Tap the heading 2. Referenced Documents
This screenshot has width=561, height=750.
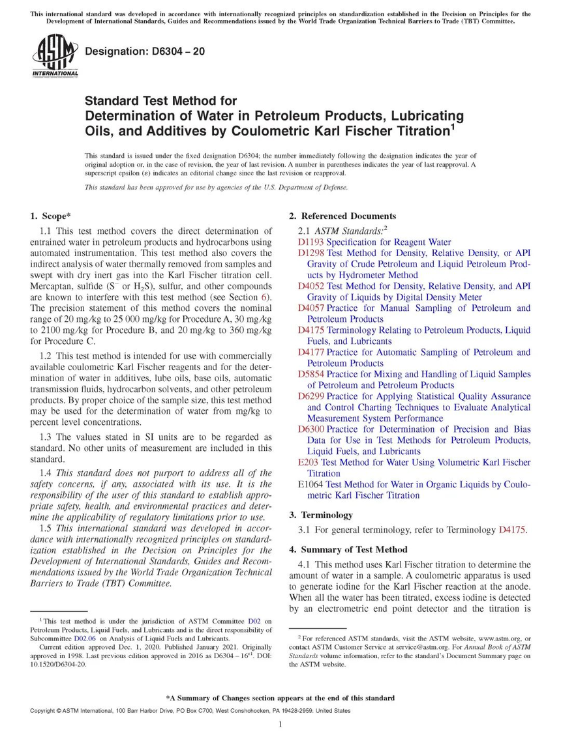[x=342, y=216]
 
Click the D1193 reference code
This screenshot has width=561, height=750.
[x=311, y=242]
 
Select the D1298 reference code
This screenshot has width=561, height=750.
[x=311, y=253]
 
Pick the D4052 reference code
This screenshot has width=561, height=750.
[x=311, y=286]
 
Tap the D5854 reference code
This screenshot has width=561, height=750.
[x=311, y=375]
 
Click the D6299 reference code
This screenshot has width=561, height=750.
[x=311, y=397]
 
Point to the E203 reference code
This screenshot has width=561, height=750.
[x=307, y=463]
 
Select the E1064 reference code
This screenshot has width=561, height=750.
[x=310, y=485]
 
